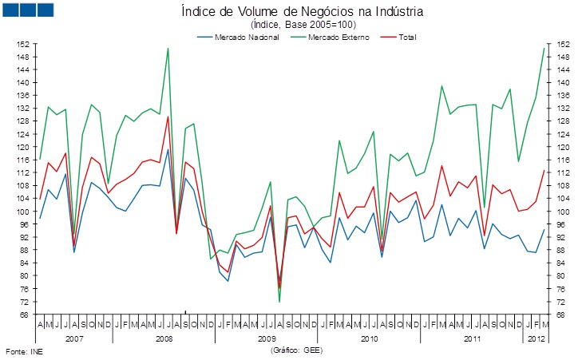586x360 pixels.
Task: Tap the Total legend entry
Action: [x=406, y=37]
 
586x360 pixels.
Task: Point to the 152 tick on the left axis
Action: [x=24, y=44]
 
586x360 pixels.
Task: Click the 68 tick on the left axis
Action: [x=26, y=315]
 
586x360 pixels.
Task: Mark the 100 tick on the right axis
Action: [x=563, y=212]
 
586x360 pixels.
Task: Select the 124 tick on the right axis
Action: [x=563, y=134]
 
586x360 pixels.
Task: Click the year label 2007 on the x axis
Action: [x=74, y=338]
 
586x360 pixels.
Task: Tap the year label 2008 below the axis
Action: [x=164, y=338]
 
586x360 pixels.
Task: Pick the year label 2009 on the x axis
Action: [x=267, y=338]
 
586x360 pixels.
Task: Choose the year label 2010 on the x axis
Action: [x=369, y=338]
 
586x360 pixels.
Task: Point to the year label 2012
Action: [x=536, y=338]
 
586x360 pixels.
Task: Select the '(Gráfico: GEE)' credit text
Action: [x=297, y=350]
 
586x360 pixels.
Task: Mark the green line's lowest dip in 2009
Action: [x=279, y=302]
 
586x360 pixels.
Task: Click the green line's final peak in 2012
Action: [x=544, y=48]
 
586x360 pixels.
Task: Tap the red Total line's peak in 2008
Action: [x=168, y=117]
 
